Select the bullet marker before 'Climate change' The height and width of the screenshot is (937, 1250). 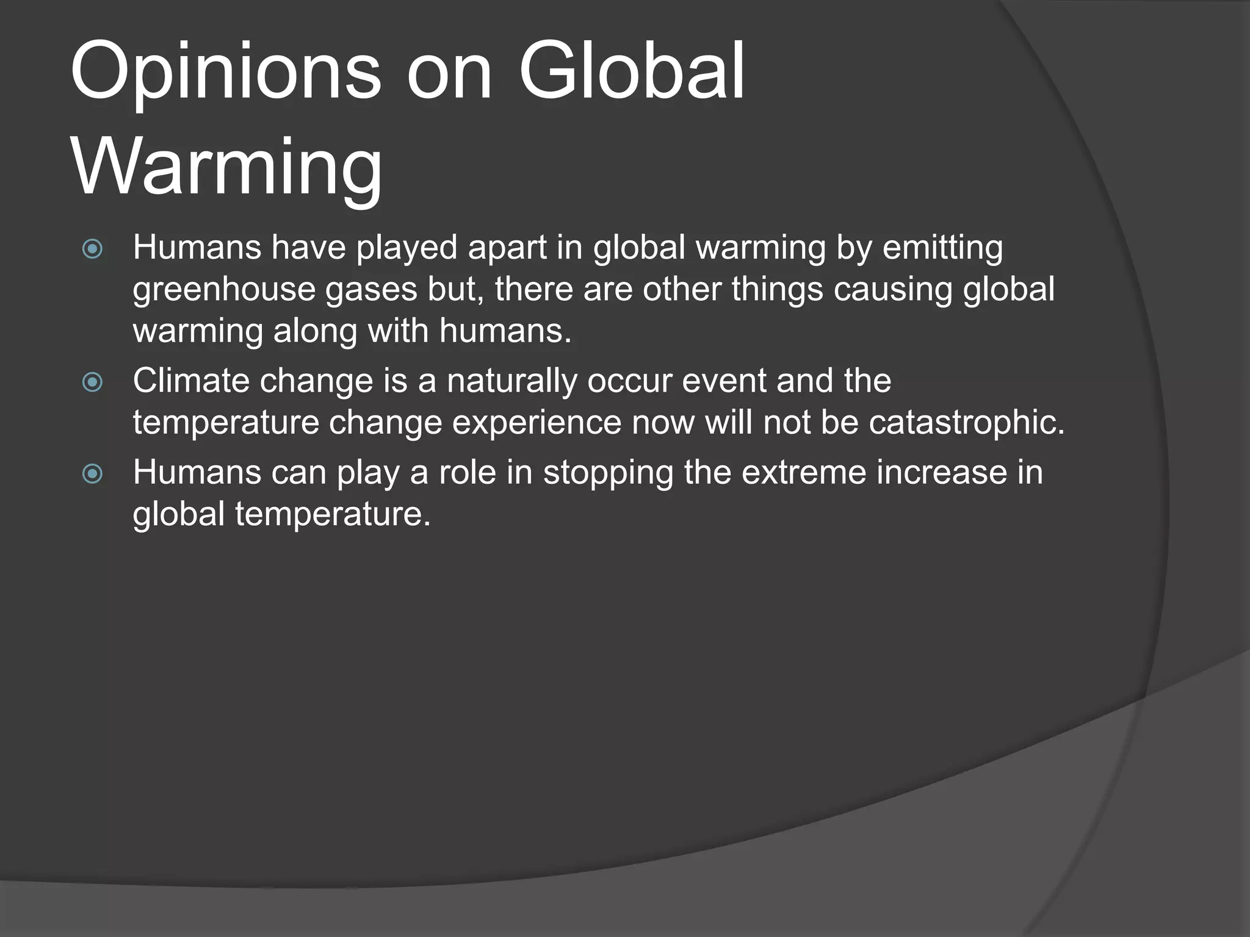(92, 382)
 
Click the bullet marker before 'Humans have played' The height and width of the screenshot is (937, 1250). (92, 249)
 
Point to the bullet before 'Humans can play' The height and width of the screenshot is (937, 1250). (92, 473)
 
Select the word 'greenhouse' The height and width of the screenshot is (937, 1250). (223, 290)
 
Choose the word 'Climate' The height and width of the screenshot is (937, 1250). (191, 381)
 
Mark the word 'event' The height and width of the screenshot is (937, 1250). (723, 381)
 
